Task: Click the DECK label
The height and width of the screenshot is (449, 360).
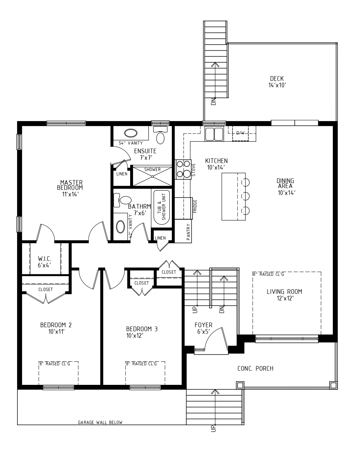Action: point(277,79)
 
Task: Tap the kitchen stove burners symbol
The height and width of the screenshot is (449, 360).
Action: point(183,169)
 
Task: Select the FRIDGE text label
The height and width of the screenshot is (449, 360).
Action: point(195,206)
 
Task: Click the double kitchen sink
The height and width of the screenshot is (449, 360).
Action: point(214,134)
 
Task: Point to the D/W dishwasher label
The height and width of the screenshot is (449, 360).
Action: point(240,133)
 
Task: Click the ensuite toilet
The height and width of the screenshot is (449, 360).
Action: point(160,136)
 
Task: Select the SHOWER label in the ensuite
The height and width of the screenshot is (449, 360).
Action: point(152,170)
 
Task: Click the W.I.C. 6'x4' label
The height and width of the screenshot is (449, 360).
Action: point(44,262)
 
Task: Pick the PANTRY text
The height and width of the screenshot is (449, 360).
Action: point(188,232)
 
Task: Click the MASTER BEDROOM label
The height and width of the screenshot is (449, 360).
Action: point(71,185)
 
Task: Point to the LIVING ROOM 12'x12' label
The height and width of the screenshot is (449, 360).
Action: point(284,295)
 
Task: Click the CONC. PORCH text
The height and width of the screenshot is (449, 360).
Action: point(255,369)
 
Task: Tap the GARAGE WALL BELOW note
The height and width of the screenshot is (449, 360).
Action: point(100,422)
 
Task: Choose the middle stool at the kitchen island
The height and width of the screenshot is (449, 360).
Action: point(245,196)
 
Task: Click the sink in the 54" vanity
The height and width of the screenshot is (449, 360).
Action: point(129,133)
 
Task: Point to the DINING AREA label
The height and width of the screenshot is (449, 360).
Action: point(285,183)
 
